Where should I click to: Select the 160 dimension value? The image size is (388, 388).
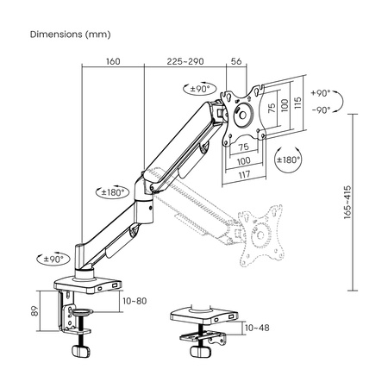[x=112, y=61]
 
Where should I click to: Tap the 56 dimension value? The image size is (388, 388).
[x=236, y=61]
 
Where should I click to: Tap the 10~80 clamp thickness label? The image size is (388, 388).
[x=135, y=301]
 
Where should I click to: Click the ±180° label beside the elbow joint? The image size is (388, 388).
[x=114, y=192]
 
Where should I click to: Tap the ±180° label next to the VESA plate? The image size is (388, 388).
[x=287, y=160]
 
